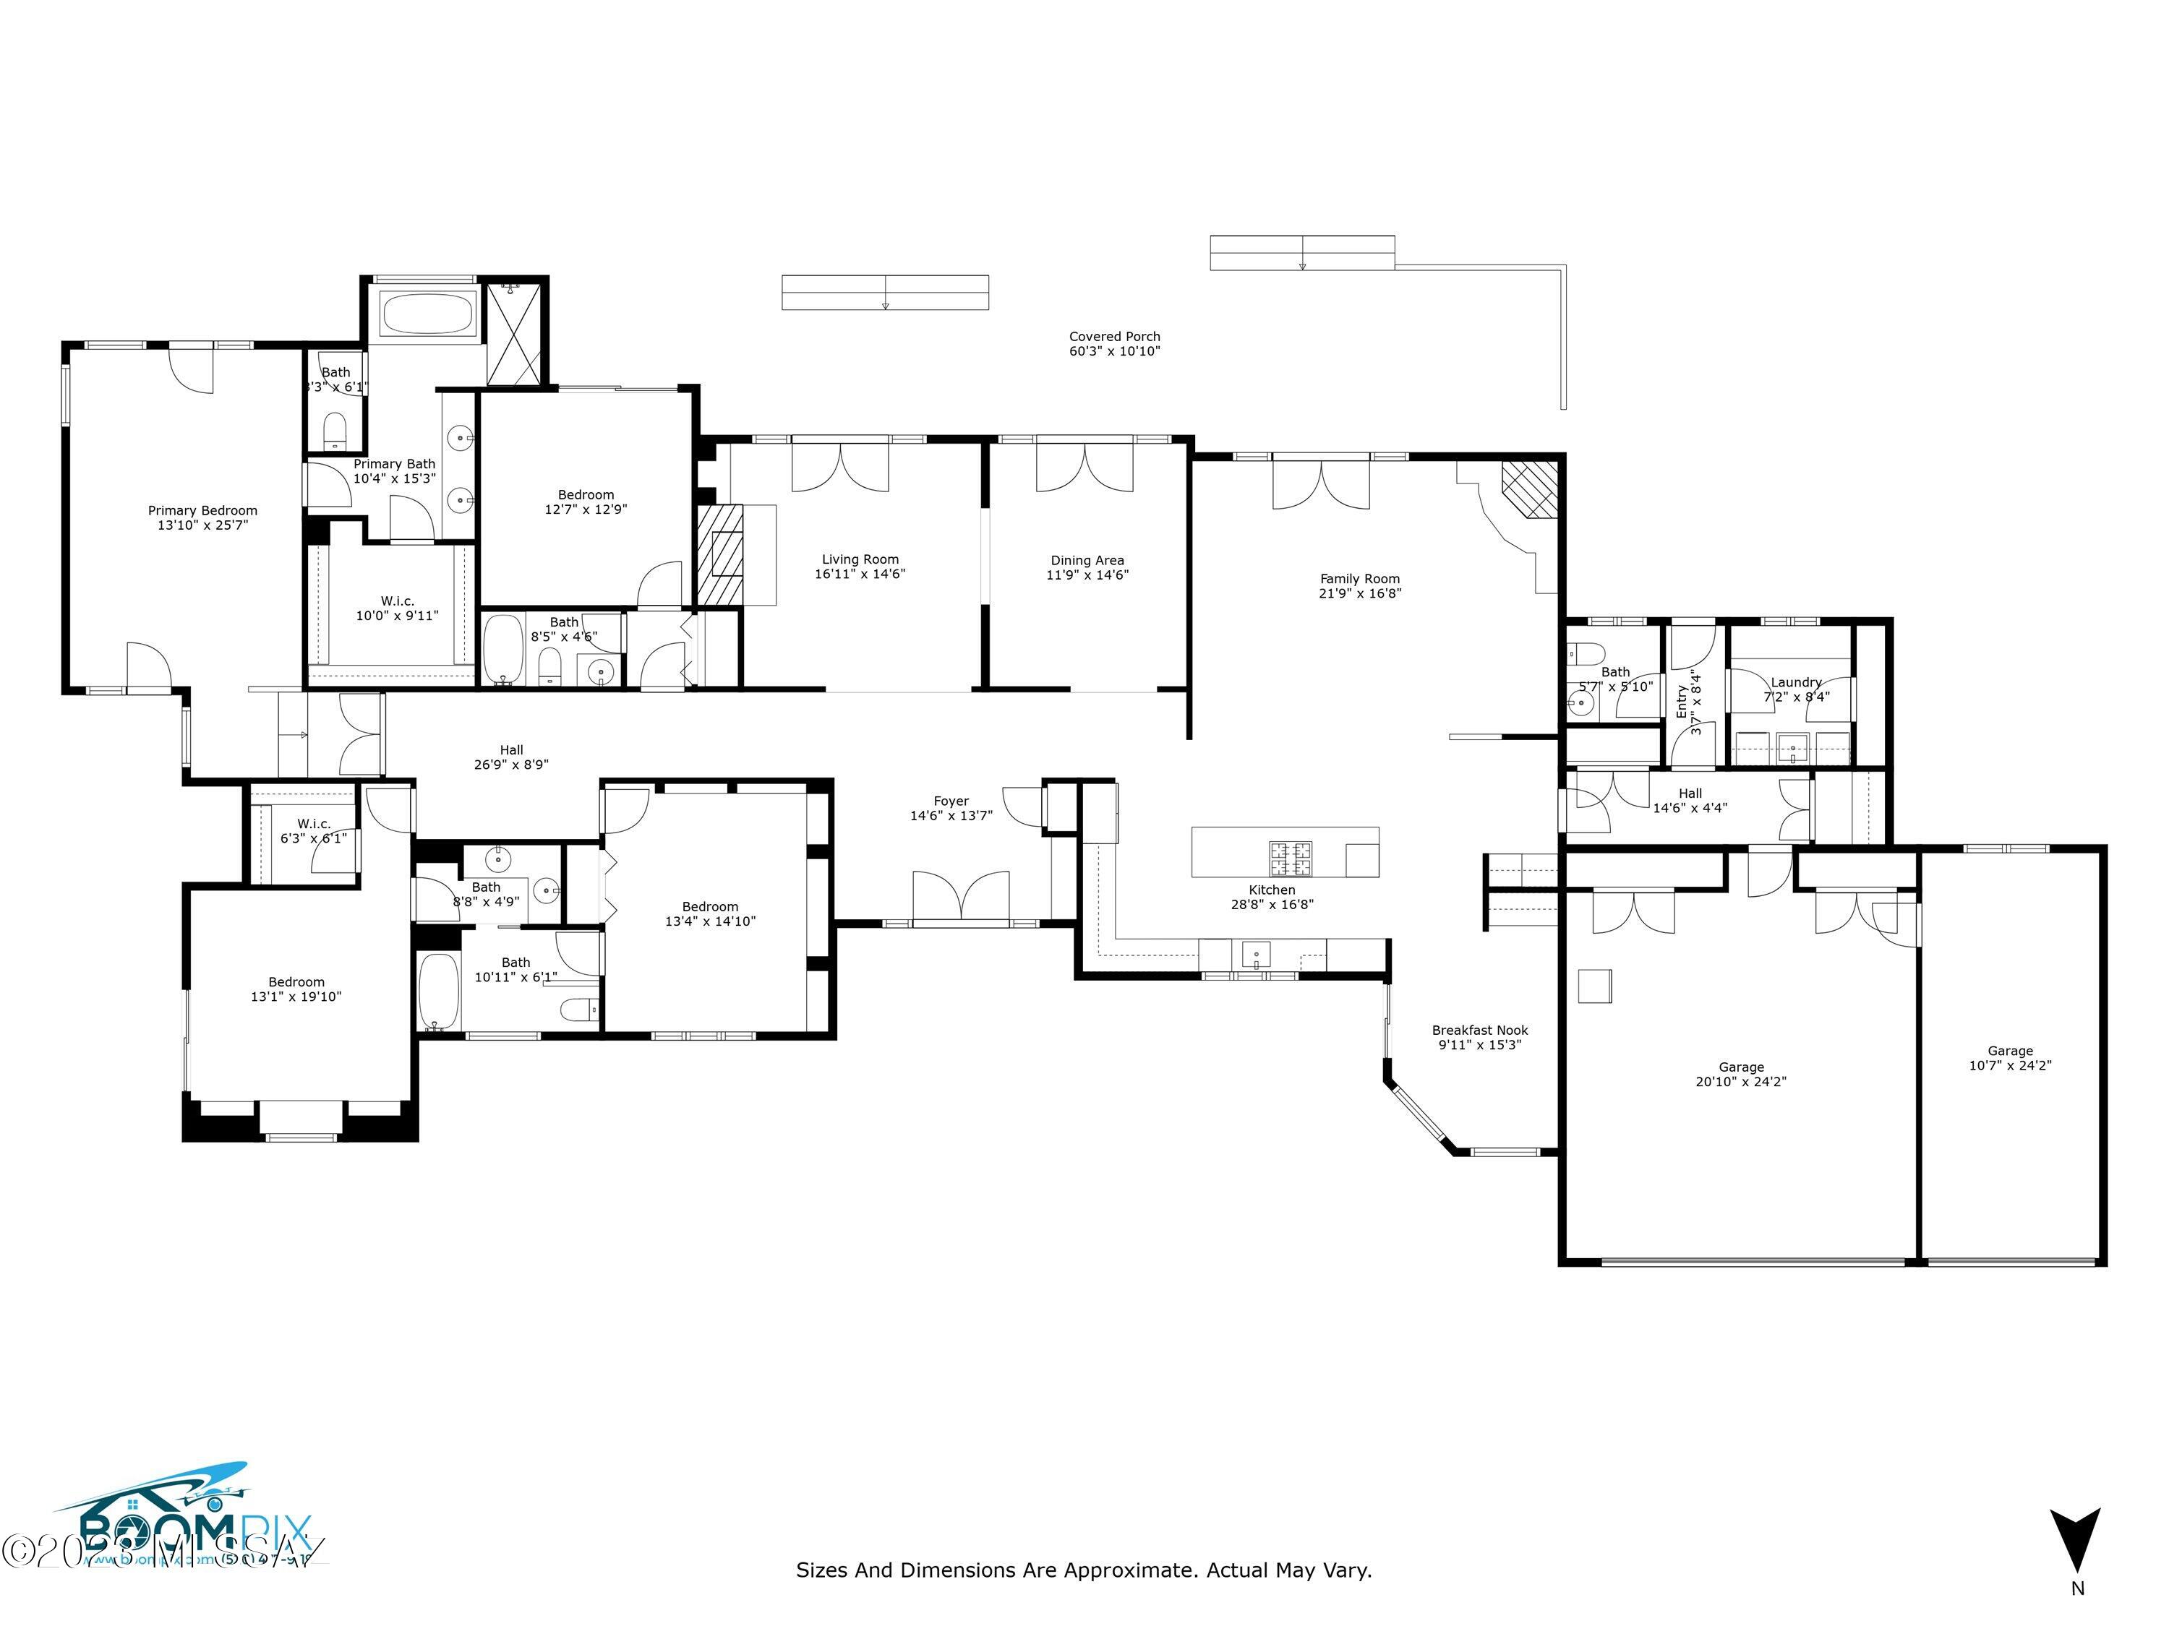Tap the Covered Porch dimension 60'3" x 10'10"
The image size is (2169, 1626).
(x=1114, y=351)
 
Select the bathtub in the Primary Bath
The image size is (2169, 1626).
(x=427, y=314)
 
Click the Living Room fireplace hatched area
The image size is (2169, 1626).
(x=719, y=555)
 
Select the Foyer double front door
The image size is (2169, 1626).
(x=960, y=897)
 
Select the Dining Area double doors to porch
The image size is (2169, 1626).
(x=1084, y=468)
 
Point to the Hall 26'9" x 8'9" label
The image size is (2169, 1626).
(x=511, y=757)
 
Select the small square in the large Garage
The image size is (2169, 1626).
(x=1594, y=986)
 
